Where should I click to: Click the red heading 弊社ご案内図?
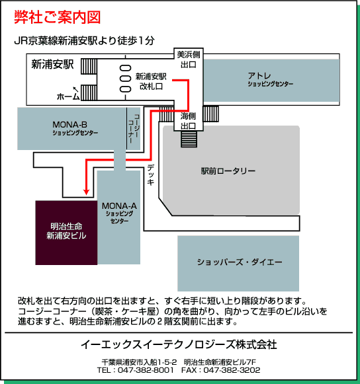58,17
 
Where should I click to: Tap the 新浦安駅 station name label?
52,65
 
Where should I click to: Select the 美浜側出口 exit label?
189,59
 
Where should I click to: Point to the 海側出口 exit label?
188,121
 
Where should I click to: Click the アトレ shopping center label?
270,79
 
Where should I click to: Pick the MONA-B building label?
75,128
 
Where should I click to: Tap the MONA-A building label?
119,213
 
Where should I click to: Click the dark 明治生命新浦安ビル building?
66,233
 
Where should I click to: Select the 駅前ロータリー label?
228,171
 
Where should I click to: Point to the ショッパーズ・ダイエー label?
240,262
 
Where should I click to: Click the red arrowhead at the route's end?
86,192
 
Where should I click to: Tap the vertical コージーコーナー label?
134,128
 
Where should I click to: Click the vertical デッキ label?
151,174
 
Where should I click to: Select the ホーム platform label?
68,96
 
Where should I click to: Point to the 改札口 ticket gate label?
151,87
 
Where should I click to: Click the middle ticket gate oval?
125,79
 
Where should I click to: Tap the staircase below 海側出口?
189,139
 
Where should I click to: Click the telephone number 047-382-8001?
146,370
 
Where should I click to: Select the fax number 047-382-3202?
232,370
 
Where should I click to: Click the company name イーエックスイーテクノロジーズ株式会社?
179,344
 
